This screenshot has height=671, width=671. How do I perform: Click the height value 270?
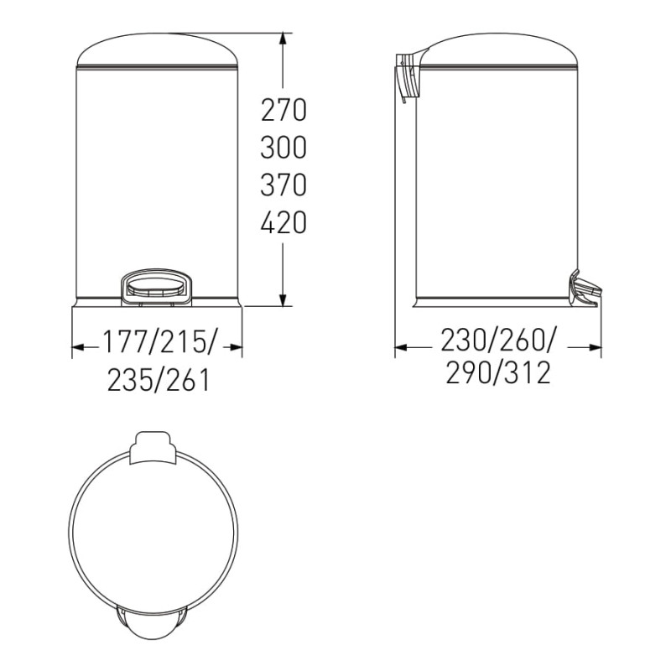click(283, 110)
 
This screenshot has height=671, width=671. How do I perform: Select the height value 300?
click(283, 148)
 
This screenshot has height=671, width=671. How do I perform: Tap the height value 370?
click(283, 185)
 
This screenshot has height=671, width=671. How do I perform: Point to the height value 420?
click(283, 221)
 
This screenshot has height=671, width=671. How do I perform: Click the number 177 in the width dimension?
click(125, 342)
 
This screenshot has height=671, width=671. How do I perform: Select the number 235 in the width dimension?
click(130, 380)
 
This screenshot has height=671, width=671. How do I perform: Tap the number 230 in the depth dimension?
click(464, 341)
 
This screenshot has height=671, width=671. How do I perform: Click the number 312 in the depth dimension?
click(528, 372)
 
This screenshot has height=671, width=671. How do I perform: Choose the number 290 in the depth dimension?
click(469, 372)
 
